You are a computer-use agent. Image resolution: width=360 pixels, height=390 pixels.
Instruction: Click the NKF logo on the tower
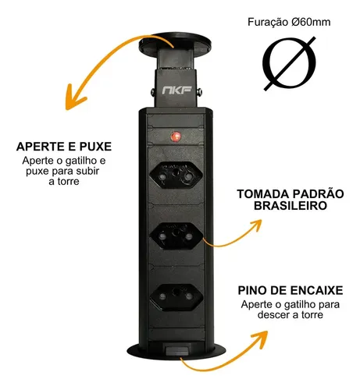pos(177,90)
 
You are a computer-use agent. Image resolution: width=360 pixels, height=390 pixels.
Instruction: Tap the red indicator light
pos(176,136)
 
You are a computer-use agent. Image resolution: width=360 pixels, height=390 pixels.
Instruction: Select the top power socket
pos(176,175)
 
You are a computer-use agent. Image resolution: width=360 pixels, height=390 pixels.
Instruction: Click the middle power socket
pos(176,236)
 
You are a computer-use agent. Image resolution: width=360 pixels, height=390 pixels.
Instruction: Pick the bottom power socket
pos(176,297)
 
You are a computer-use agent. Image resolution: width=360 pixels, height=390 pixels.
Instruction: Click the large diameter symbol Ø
pos(290,63)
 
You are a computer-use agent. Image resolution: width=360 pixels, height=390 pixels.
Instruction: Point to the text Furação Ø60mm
pos(289,22)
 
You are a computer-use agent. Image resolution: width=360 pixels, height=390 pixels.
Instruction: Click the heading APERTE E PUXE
pos(64,147)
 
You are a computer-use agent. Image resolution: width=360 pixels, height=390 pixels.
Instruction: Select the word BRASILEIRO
pos(290,206)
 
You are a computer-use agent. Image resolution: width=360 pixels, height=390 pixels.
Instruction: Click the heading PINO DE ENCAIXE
pos(290,291)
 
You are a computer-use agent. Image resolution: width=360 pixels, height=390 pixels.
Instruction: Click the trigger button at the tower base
pos(178,350)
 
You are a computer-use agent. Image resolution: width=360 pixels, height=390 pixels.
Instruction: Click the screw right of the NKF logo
pos(200,91)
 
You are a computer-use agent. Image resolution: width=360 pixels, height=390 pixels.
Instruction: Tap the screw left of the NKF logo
pos(152,91)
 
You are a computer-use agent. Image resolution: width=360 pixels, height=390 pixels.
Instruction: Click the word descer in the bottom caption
pos(274,315)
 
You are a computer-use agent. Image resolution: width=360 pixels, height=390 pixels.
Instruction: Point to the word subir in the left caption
pos(87,172)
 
